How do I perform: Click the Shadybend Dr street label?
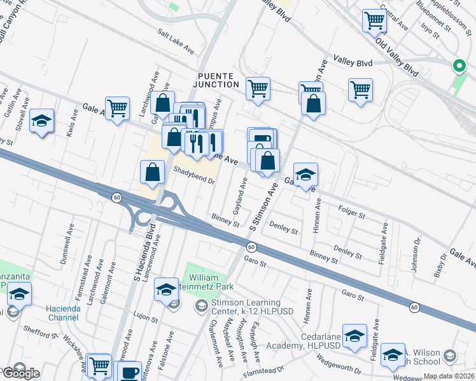[x=195, y=175]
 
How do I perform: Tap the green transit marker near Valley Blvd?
[x=458, y=66]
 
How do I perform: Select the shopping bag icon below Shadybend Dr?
[x=152, y=171]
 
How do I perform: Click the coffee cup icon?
[x=130, y=372]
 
